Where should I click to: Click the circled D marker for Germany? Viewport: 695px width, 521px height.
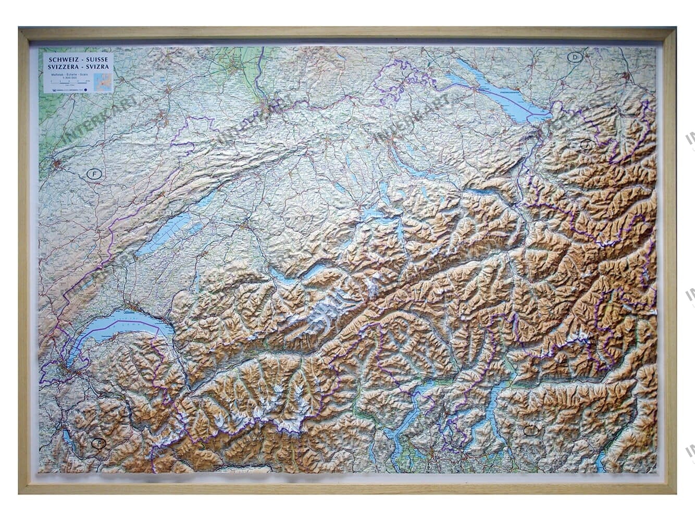point(575,58)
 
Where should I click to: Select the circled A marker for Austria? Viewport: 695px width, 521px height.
point(586,144)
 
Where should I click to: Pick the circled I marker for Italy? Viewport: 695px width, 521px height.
point(530,430)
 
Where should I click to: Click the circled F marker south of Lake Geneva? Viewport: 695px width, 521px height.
point(97,444)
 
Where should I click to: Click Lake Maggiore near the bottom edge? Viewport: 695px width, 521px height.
point(412,412)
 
